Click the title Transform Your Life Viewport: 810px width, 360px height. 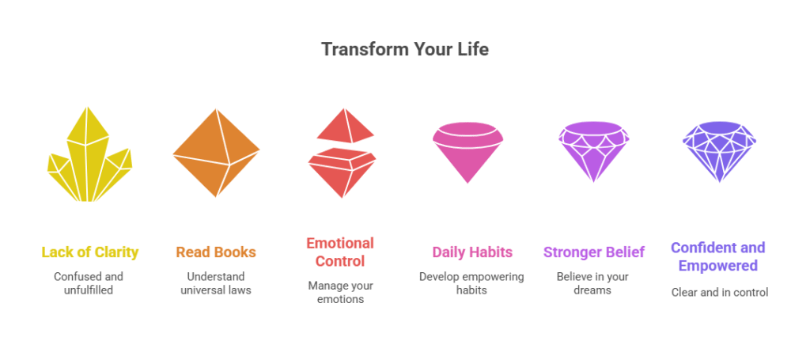point(405,50)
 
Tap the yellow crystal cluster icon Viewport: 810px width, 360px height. point(89,155)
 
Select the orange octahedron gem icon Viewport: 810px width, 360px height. point(216,153)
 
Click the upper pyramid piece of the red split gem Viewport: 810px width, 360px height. point(345,126)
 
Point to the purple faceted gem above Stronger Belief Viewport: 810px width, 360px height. point(593,151)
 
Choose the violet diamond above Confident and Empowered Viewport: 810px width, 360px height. point(719,151)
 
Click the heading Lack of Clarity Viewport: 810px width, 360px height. point(90,252)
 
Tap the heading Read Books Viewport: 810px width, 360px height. point(216,252)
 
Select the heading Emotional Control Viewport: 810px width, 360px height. point(340,252)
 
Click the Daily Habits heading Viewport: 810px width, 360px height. point(472,252)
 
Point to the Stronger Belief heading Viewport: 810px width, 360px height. point(593,252)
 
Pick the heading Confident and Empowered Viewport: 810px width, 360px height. point(718,256)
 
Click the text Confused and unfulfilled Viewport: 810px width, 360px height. point(89,283)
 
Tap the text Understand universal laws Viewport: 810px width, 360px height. point(216,283)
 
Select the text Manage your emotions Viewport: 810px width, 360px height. point(340,292)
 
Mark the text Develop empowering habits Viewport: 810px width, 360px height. point(471,283)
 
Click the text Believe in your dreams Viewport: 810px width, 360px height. point(592,283)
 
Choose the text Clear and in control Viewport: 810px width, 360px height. point(720,292)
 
